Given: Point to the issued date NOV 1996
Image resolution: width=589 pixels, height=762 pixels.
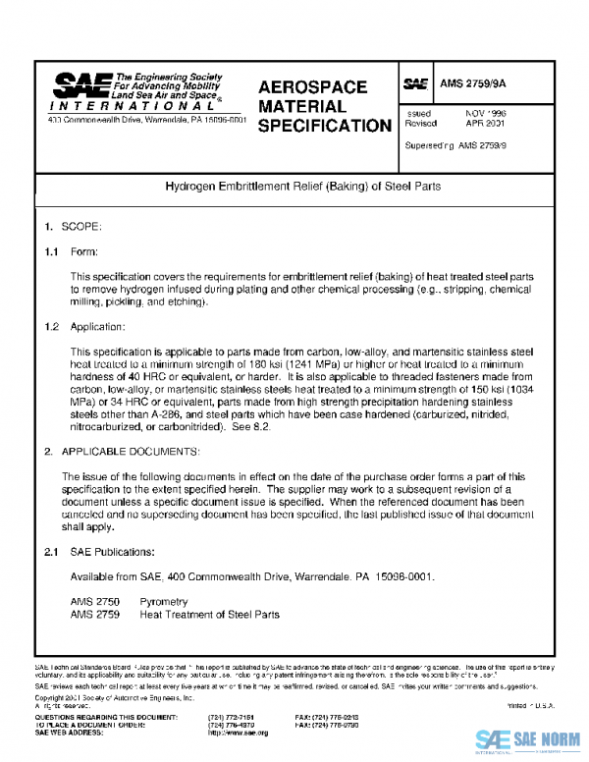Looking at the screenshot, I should coord(485,114).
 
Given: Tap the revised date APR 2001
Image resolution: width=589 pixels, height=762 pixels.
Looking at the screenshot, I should coord(485,125).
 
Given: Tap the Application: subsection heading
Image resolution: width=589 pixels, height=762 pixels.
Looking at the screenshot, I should coord(98,325).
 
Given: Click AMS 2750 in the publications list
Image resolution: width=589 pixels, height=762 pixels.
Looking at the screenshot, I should coord(95,601).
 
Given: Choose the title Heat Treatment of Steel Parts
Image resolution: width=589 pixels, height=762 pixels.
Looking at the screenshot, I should coord(209,615).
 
